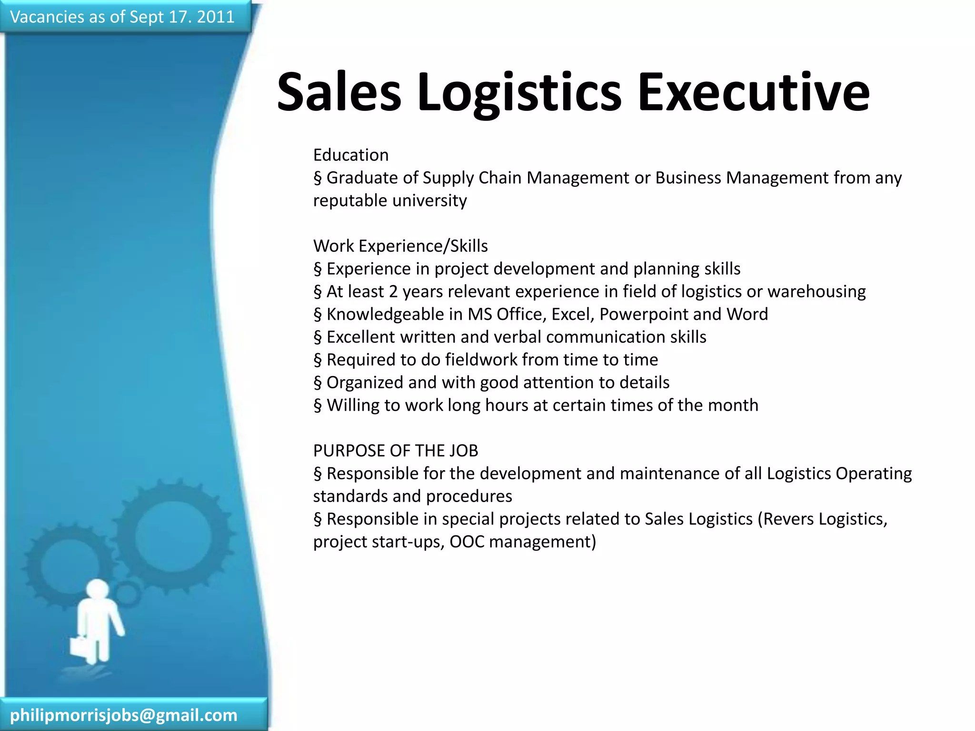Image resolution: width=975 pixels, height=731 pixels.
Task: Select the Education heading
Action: click(351, 155)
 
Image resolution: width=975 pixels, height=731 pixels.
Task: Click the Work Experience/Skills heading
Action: click(400, 246)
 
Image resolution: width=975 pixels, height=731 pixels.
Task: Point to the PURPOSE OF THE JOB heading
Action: click(396, 451)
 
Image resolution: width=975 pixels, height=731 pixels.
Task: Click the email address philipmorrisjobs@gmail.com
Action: click(124, 715)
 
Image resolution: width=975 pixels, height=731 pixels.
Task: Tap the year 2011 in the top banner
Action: click(216, 17)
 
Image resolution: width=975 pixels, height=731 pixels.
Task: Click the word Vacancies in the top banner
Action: click(47, 17)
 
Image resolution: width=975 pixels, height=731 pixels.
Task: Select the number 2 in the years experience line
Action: click(393, 292)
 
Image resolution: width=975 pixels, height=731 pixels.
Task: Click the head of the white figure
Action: click(98, 590)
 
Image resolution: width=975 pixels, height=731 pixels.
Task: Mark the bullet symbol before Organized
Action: click(318, 383)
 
